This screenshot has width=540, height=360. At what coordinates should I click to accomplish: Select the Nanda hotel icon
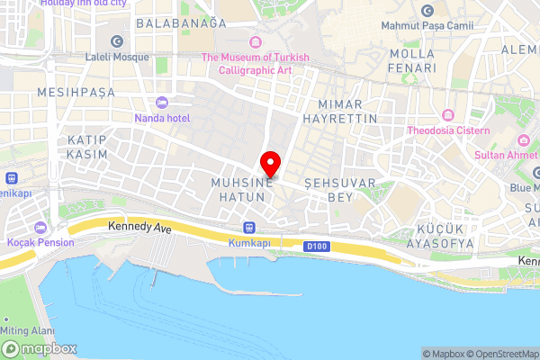(x=162, y=102)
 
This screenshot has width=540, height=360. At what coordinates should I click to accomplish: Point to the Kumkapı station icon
(x=248, y=228)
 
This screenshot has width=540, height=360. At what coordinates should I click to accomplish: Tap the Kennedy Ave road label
(x=139, y=229)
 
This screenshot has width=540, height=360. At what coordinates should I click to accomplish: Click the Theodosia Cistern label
(x=447, y=130)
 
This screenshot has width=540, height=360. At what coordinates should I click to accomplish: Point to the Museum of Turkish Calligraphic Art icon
(x=255, y=42)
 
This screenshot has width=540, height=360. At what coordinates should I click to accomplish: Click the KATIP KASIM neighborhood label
(x=87, y=148)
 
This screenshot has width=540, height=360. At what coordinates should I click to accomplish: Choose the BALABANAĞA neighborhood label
(x=181, y=23)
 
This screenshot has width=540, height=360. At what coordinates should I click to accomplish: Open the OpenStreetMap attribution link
(x=500, y=354)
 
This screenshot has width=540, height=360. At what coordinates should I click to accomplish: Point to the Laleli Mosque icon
(x=116, y=41)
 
